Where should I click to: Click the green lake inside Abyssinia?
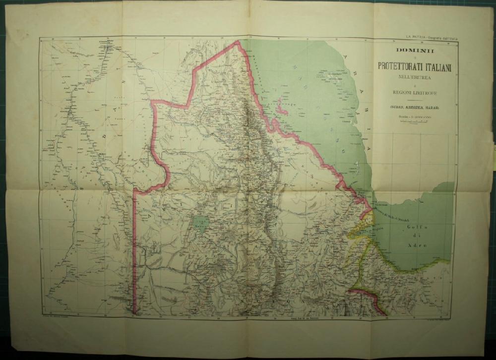click(x=201, y=224)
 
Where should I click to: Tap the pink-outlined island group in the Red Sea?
click(x=282, y=106)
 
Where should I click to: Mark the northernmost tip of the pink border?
click(x=237, y=42)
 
